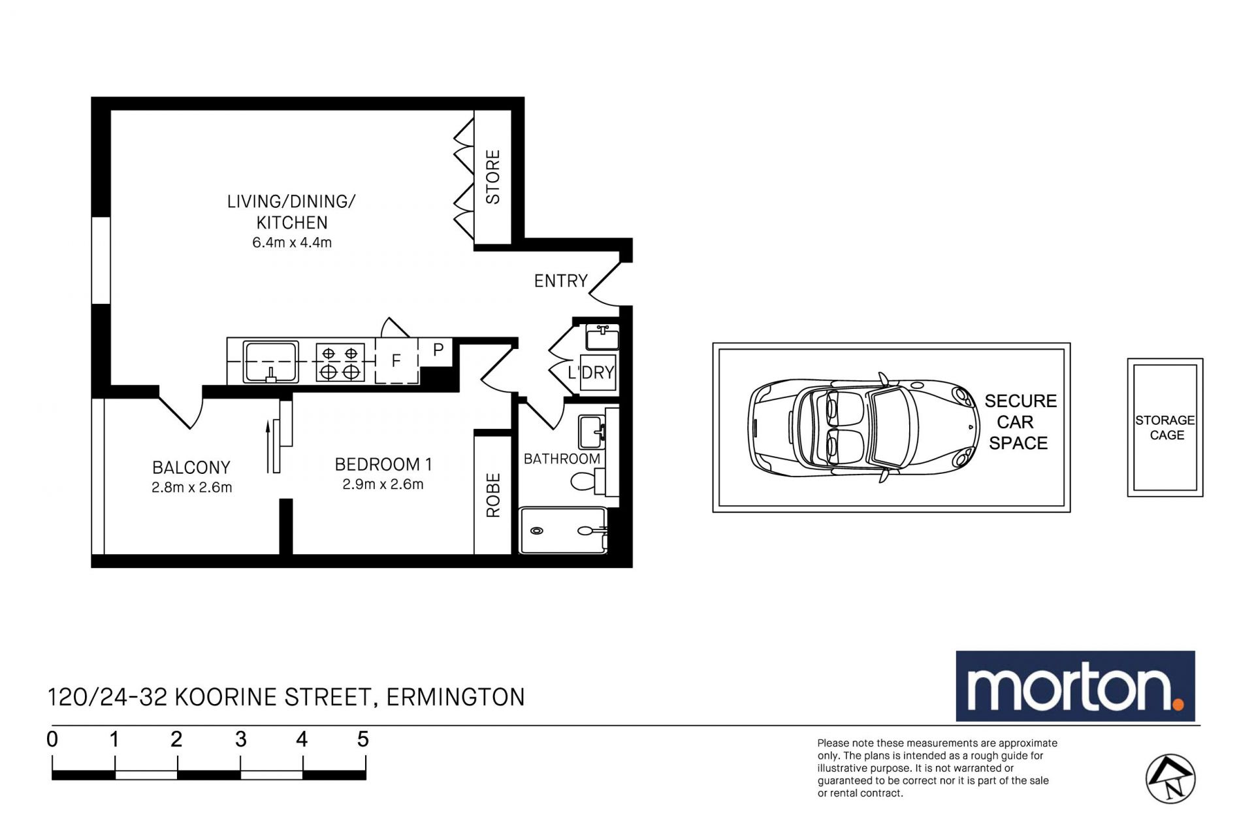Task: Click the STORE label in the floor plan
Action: coord(493,176)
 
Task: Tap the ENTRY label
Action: coord(561,281)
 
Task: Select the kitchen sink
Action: coord(270,361)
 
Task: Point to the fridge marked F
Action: coord(396,361)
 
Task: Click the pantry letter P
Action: coord(438,350)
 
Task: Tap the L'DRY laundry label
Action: coord(591,373)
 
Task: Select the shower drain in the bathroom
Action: coord(537,531)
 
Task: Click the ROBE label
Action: coord(493,495)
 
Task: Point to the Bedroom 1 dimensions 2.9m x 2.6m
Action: coord(383,484)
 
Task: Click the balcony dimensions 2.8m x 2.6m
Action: coord(191,487)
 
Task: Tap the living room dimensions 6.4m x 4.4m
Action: coord(292,242)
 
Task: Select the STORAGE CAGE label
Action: coord(1165,427)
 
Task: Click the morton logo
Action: coord(1075,686)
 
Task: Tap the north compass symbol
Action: coord(1170,778)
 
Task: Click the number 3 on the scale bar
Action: coord(240,739)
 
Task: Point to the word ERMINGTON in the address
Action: coord(456,697)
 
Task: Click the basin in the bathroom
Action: coord(592,431)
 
